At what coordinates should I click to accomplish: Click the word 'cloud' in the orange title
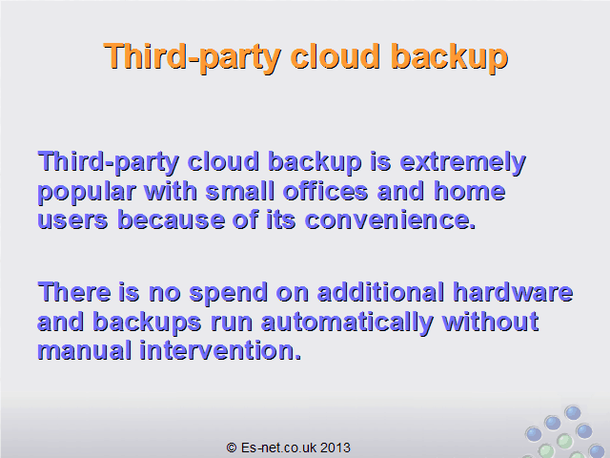pyautogui.click(x=335, y=56)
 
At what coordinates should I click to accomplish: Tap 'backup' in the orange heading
pyautogui.click(x=450, y=58)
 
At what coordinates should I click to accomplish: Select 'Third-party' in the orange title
pyautogui.click(x=192, y=58)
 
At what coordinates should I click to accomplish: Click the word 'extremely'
pyautogui.click(x=462, y=163)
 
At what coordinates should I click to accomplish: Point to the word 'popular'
pyautogui.click(x=87, y=193)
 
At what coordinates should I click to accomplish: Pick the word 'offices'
pyautogui.click(x=325, y=191)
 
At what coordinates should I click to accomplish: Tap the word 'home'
pyautogui.click(x=469, y=191)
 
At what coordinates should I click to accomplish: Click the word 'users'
pyautogui.click(x=72, y=220)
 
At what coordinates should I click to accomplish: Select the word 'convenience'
pyautogui.click(x=390, y=220)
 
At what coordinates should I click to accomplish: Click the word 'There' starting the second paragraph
pyautogui.click(x=74, y=292)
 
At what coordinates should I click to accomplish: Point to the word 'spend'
pyautogui.click(x=229, y=294)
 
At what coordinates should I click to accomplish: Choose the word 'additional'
pyautogui.click(x=380, y=292)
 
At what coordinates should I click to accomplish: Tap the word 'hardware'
pyautogui.click(x=513, y=292)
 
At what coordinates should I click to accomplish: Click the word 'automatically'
pyautogui.click(x=347, y=323)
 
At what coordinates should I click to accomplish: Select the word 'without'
pyautogui.click(x=490, y=322)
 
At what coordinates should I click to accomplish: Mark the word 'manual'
pyautogui.click(x=85, y=350)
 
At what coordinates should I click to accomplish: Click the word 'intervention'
pyautogui.click(x=220, y=350)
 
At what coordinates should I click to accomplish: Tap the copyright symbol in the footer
pyautogui.click(x=232, y=448)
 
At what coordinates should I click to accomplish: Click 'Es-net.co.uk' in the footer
pyautogui.click(x=279, y=448)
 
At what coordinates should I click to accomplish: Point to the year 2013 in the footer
pyautogui.click(x=335, y=448)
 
